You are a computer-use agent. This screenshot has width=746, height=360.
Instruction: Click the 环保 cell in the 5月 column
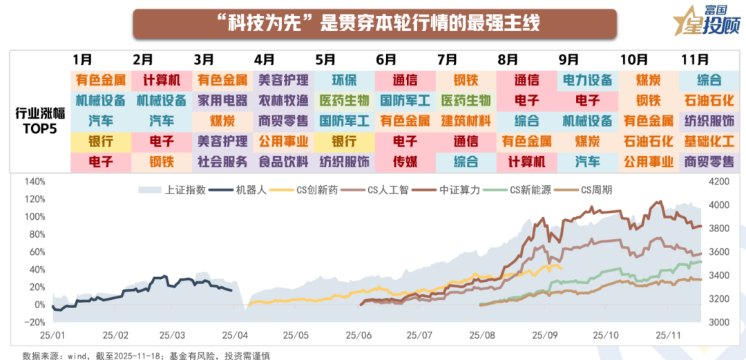pos(344,79)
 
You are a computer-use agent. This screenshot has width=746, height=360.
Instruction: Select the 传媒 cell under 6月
pos(405,162)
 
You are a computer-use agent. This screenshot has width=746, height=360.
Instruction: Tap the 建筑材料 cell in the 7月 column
pos(466,121)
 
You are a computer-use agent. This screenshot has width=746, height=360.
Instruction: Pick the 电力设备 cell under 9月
pos(587,79)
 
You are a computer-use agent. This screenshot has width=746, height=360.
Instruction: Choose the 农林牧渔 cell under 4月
pos(283,100)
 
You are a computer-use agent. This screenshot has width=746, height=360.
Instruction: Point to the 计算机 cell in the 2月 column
pos(162,79)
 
